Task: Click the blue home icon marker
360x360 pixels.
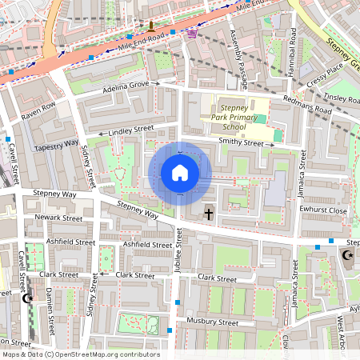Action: coord(180,173)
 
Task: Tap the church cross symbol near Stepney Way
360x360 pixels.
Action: coord(209,214)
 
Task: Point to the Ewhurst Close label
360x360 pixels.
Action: coord(327,210)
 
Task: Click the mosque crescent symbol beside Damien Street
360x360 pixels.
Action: coord(28,298)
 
